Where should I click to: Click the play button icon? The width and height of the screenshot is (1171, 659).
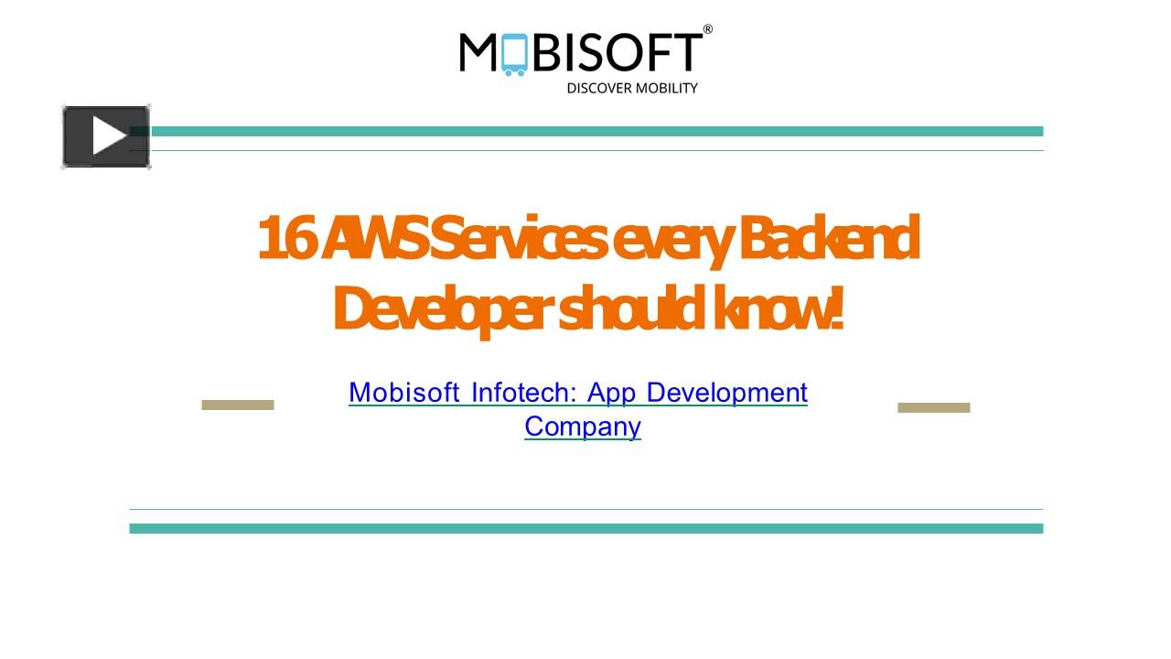[106, 136]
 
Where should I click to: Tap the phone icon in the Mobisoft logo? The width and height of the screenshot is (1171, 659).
[514, 54]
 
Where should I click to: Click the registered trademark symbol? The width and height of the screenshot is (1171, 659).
[707, 30]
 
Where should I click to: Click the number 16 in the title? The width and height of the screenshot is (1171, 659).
[284, 238]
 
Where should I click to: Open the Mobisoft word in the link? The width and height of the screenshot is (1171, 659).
[403, 393]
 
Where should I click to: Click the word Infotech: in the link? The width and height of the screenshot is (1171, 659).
[523, 393]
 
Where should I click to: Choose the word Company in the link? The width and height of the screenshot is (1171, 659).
[583, 427]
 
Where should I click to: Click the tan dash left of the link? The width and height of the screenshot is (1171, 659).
[238, 405]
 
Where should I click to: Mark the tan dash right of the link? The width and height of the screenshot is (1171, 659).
[933, 407]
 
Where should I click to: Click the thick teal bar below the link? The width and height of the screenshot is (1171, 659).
[585, 528]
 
